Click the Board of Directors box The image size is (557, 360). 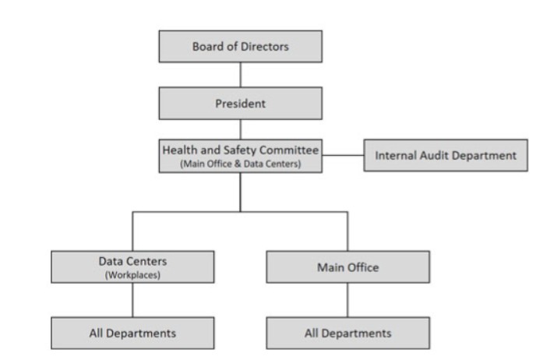click(x=240, y=46)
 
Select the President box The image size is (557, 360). click(x=240, y=102)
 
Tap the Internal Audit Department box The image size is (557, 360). click(x=445, y=155)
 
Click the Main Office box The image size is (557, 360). click(x=347, y=267)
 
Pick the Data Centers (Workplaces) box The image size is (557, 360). click(x=132, y=267)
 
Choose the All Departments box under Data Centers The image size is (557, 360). click(x=132, y=333)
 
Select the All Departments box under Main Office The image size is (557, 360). click(x=347, y=333)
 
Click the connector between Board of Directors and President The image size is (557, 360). click(x=240, y=74)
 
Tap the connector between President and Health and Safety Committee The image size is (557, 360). click(x=240, y=129)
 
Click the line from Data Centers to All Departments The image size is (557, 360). click(x=132, y=300)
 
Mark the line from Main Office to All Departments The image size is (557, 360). click(x=347, y=300)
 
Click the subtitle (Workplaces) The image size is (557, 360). click(x=132, y=274)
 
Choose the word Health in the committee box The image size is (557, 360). click(x=179, y=149)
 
